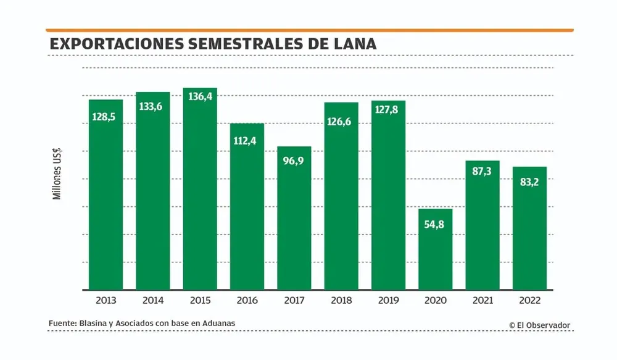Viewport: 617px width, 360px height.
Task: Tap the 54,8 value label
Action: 436,224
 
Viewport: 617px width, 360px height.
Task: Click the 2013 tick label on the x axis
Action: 106,301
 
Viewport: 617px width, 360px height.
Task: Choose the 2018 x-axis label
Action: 341,301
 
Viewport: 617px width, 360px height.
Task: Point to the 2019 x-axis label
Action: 388,301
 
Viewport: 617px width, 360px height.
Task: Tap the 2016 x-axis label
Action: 247,301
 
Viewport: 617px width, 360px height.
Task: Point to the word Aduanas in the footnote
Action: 218,323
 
